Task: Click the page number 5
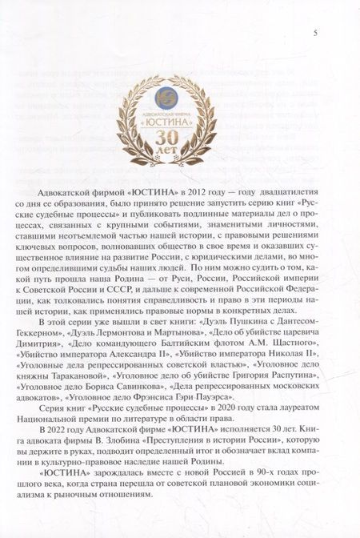(317, 33)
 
